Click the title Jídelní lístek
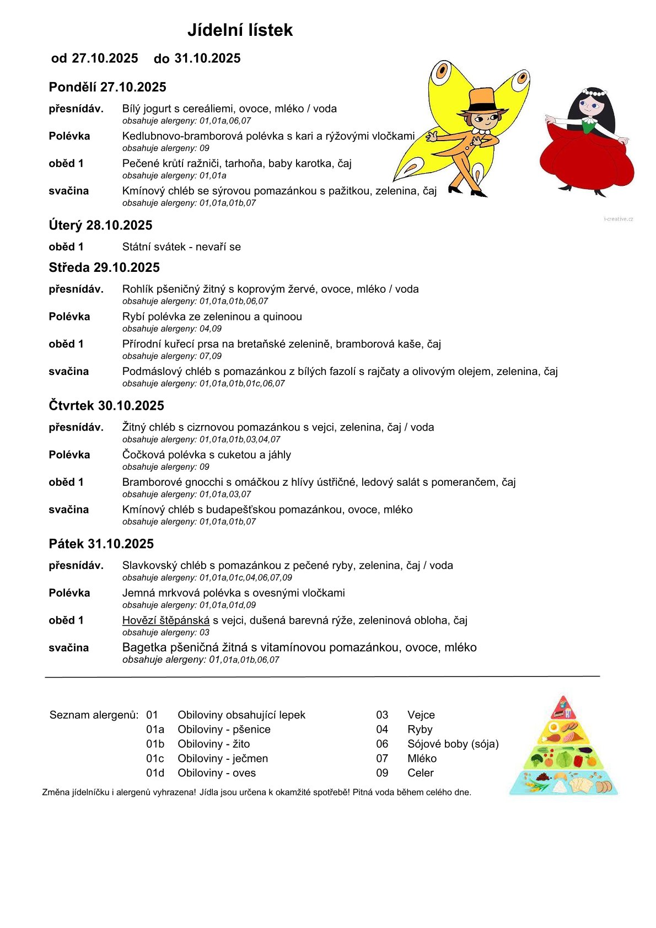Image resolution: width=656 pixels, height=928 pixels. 240,30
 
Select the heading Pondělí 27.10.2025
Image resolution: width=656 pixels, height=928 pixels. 107,87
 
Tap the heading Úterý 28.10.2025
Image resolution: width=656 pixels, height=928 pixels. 100,225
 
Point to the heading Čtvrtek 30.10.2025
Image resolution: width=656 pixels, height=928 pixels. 106,406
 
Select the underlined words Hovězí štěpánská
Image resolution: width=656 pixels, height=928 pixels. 166,620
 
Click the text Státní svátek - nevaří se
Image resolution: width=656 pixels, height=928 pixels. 181,247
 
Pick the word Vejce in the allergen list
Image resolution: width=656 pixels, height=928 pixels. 421,715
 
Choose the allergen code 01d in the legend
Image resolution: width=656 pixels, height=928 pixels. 155,773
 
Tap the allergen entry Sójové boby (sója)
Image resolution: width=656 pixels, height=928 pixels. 453,744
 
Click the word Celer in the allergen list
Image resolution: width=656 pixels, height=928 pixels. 421,773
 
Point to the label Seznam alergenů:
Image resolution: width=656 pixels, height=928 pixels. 94,715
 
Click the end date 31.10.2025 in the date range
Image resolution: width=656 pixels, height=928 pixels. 207,58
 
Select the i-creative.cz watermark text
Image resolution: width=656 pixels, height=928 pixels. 619,219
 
